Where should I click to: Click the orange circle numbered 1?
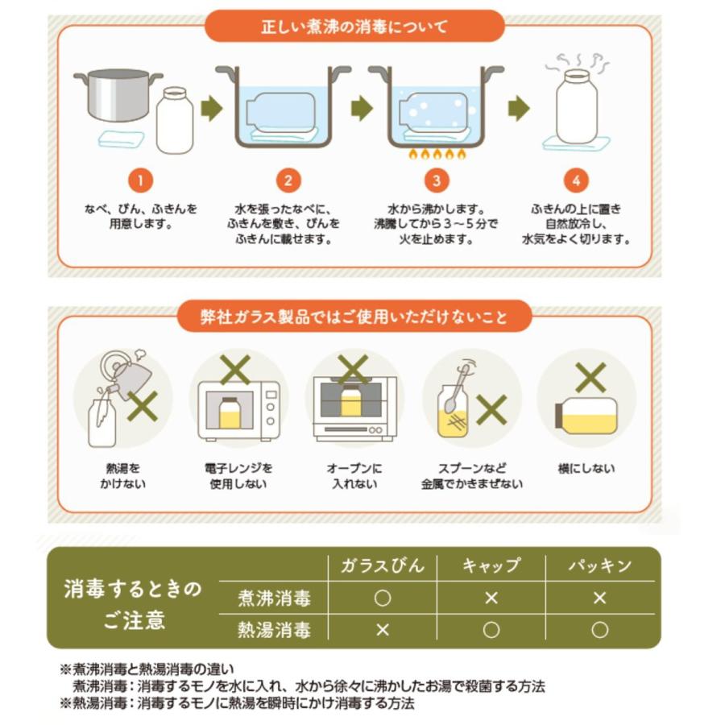click(x=140, y=181)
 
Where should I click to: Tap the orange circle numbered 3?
click(x=436, y=181)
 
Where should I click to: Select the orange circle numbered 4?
click(x=576, y=181)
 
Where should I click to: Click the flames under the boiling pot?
click(x=435, y=154)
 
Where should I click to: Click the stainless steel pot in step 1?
click(x=114, y=95)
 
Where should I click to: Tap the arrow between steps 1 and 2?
click(x=211, y=109)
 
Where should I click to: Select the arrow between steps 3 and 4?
click(x=518, y=109)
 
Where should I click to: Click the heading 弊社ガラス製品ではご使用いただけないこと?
click(x=354, y=316)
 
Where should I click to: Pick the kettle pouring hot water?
click(x=129, y=375)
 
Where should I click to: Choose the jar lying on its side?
click(x=586, y=415)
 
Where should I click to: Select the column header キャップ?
click(x=491, y=565)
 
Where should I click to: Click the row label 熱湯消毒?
click(x=274, y=628)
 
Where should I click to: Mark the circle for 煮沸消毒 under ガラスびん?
click(x=383, y=598)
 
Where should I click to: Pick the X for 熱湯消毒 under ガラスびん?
click(x=383, y=629)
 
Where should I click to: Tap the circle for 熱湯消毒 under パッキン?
click(x=599, y=629)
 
